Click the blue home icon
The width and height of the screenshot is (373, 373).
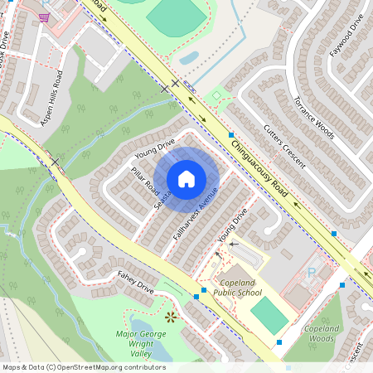[186, 178]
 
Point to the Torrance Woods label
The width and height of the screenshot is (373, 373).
[313, 117]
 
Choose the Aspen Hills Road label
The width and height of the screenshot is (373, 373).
[51, 97]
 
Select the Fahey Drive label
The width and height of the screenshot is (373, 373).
[136, 283]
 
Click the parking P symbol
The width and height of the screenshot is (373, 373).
[312, 271]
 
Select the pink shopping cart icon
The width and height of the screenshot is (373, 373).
[44, 17]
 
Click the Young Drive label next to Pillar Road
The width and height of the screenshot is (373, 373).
[154, 150]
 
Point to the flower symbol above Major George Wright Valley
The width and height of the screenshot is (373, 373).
[172, 317]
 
